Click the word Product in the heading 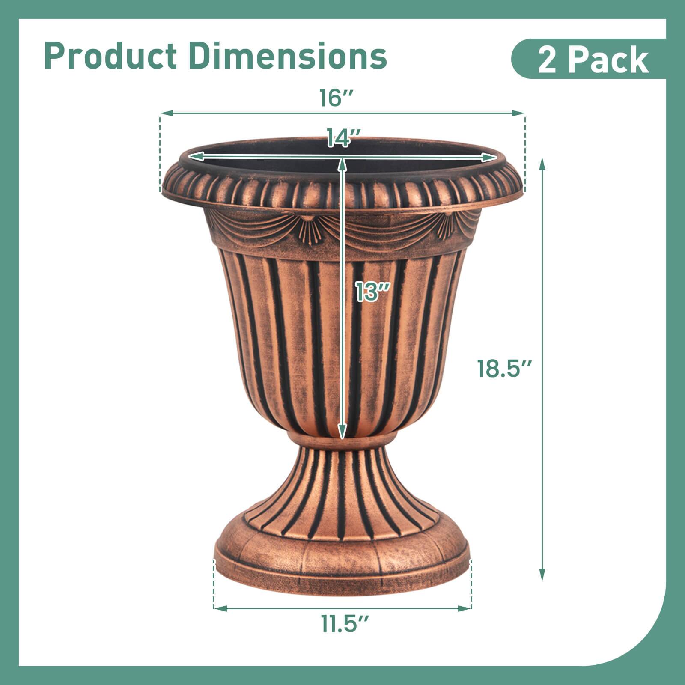[110, 56]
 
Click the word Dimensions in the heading [288, 56]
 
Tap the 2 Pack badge [593, 60]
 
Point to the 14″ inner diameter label [342, 138]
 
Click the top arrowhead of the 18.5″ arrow [542, 163]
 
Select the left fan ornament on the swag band [307, 224]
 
